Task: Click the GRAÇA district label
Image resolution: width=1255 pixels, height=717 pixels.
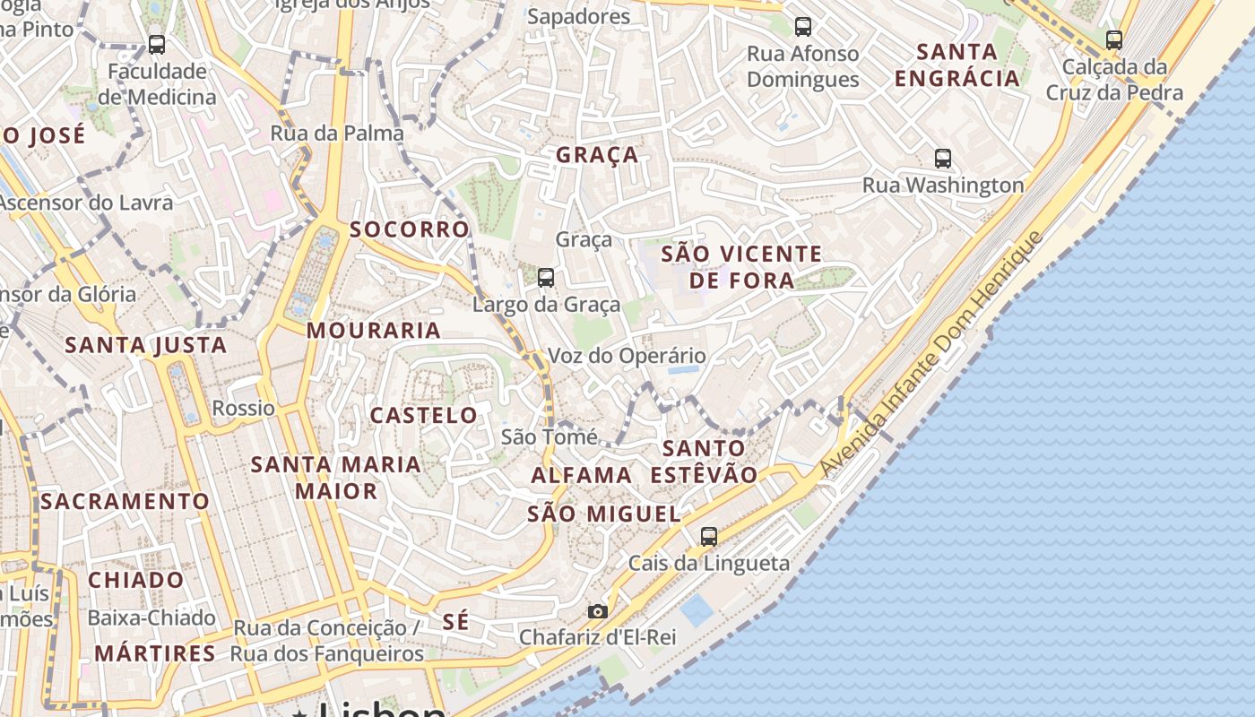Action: tap(597, 155)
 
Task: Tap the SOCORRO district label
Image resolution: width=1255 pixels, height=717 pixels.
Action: tap(410, 229)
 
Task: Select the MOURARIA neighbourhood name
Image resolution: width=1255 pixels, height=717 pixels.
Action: tap(374, 331)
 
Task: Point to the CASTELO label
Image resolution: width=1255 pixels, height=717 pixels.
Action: tap(424, 416)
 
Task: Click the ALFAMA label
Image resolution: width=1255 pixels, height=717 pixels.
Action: tap(582, 475)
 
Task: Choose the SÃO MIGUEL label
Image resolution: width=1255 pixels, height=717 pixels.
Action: tap(604, 514)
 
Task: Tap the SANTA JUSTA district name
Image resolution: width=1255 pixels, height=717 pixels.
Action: tap(146, 345)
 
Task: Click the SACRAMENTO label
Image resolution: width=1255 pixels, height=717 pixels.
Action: tap(125, 502)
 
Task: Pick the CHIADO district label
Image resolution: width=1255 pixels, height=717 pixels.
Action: tap(136, 580)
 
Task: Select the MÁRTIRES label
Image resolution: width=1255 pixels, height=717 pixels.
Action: tap(155, 653)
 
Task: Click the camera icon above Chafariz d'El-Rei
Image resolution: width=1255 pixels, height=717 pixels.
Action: tap(598, 611)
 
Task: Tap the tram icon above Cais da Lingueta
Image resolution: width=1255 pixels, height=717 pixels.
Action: tap(709, 537)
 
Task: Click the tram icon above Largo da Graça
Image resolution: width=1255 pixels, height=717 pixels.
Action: tap(546, 278)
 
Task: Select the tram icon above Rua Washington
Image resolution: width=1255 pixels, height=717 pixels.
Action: tap(943, 159)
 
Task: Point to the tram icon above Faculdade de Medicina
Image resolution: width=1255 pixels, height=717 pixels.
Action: tap(157, 44)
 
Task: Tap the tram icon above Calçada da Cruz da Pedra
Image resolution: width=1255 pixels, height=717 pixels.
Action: tap(1114, 40)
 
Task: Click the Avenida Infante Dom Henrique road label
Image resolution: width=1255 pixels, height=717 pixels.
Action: tap(932, 355)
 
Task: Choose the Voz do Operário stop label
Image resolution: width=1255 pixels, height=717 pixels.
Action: tap(627, 356)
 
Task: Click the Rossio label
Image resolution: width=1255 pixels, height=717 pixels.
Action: tap(244, 409)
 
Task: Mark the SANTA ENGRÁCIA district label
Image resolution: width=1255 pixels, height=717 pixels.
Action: tap(957, 65)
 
